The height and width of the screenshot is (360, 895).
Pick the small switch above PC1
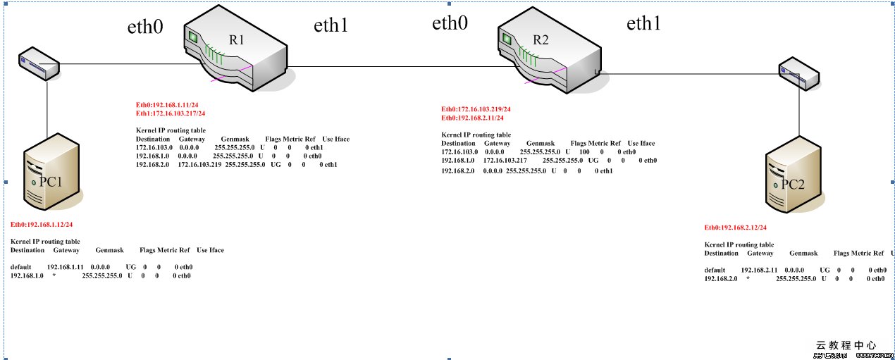tap(38, 63)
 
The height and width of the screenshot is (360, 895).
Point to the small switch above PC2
tap(798, 75)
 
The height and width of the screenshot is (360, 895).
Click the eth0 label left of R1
tap(145, 27)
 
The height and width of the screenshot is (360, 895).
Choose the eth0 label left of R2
tap(450, 23)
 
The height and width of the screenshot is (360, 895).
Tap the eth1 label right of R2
tap(644, 24)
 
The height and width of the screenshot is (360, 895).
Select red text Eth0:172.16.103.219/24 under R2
tap(476, 109)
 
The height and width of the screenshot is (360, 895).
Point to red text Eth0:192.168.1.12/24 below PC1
tap(42, 225)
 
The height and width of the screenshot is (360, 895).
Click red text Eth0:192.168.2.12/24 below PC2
tap(736, 228)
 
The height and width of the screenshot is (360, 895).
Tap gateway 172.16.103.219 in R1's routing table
tap(199, 164)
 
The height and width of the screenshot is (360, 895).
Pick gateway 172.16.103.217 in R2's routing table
tap(505, 160)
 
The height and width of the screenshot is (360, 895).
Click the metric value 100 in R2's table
tap(584, 151)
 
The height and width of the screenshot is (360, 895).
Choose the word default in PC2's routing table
tap(715, 270)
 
